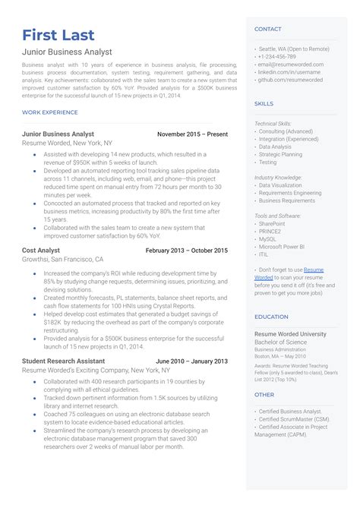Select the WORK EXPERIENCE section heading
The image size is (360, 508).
coord(50,112)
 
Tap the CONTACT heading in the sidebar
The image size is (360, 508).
coord(267,29)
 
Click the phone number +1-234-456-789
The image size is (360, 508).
coord(279,57)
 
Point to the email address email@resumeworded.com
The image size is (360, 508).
coord(291,65)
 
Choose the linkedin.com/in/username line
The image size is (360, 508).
coord(289,71)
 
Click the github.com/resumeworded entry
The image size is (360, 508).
coord(290,79)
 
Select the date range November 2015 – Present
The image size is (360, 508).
coord(192,134)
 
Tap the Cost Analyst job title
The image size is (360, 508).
coord(43,250)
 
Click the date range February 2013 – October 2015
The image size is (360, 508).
coord(186,250)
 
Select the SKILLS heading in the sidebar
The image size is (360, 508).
coord(264,103)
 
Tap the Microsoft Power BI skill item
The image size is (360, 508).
coord(282,246)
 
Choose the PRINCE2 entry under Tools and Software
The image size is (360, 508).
coord(271,231)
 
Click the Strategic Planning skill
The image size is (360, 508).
coord(280,154)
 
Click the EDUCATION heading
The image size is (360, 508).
coord(270,317)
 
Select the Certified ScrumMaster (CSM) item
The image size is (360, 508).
coord(294,418)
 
